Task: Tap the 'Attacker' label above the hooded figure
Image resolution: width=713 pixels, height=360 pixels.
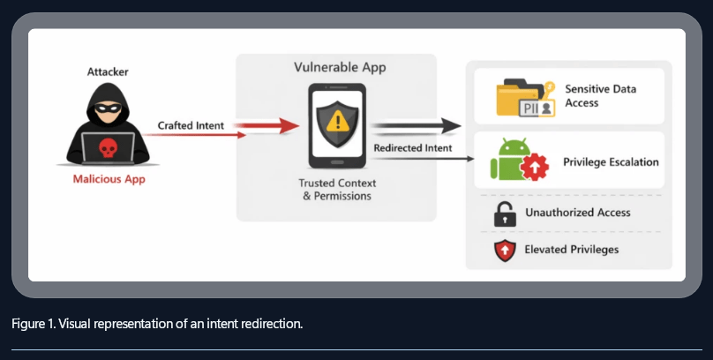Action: click(x=106, y=71)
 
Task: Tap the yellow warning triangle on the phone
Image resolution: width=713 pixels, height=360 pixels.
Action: click(x=338, y=121)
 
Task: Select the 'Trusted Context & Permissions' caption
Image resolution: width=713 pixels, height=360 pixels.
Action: click(x=338, y=189)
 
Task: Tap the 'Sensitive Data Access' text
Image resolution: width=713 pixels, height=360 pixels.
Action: click(x=600, y=96)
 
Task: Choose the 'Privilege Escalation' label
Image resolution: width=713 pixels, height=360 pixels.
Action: click(x=611, y=162)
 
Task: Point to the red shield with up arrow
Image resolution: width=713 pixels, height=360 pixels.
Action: click(x=504, y=250)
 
